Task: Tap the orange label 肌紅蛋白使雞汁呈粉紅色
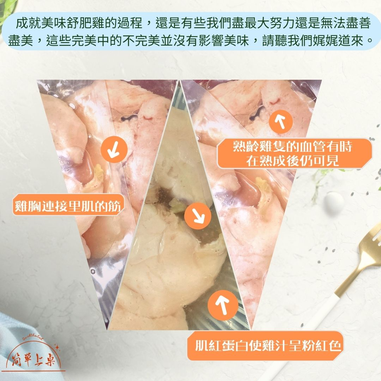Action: (x=268, y=346)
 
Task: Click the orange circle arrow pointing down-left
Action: (x=114, y=150)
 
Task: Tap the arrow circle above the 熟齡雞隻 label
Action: (x=281, y=121)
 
